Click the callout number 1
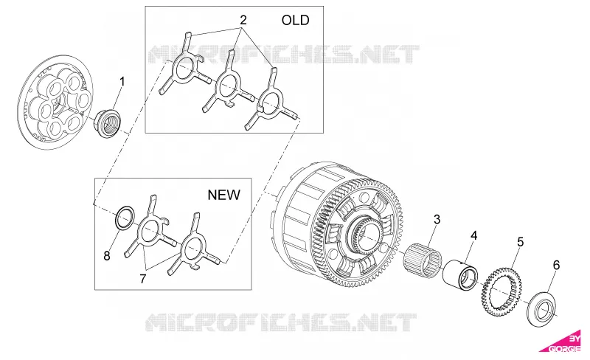tap(122, 82)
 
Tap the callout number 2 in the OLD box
tap(243, 20)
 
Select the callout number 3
tap(437, 219)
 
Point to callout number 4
tap(473, 236)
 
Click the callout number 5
tap(520, 242)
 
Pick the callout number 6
tap(556, 265)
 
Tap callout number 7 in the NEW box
tap(142, 279)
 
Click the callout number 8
tap(107, 256)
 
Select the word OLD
tap(296, 20)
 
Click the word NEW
tap(224, 195)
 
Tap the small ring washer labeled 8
tap(125, 218)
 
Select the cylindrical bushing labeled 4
tap(460, 276)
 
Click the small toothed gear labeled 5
tap(502, 291)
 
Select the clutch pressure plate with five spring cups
tap(56, 103)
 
